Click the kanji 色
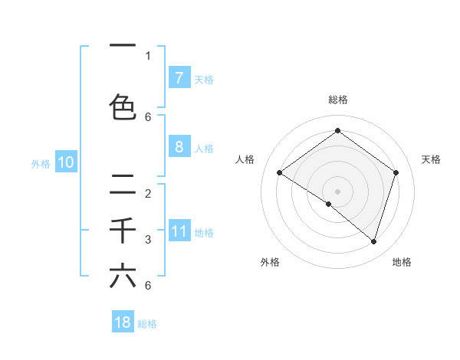tap(123, 106)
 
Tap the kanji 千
tap(123, 231)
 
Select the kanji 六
tap(123, 276)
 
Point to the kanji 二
tap(123, 184)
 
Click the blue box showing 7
tap(179, 78)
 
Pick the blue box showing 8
tap(179, 147)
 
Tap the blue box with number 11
tap(179, 232)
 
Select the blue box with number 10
tap(66, 162)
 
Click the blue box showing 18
tap(123, 322)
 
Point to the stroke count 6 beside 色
tap(148, 117)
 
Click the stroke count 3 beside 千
tap(148, 240)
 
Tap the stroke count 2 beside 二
tap(148, 193)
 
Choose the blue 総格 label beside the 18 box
tap(147, 324)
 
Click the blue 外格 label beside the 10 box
tap(41, 163)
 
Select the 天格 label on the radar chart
tap(432, 159)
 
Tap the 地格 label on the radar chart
tap(402, 262)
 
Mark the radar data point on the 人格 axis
tap(279, 172)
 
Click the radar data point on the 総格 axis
tap(337, 130)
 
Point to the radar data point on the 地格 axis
tap(373, 241)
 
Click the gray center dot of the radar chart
tap(337, 191)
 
